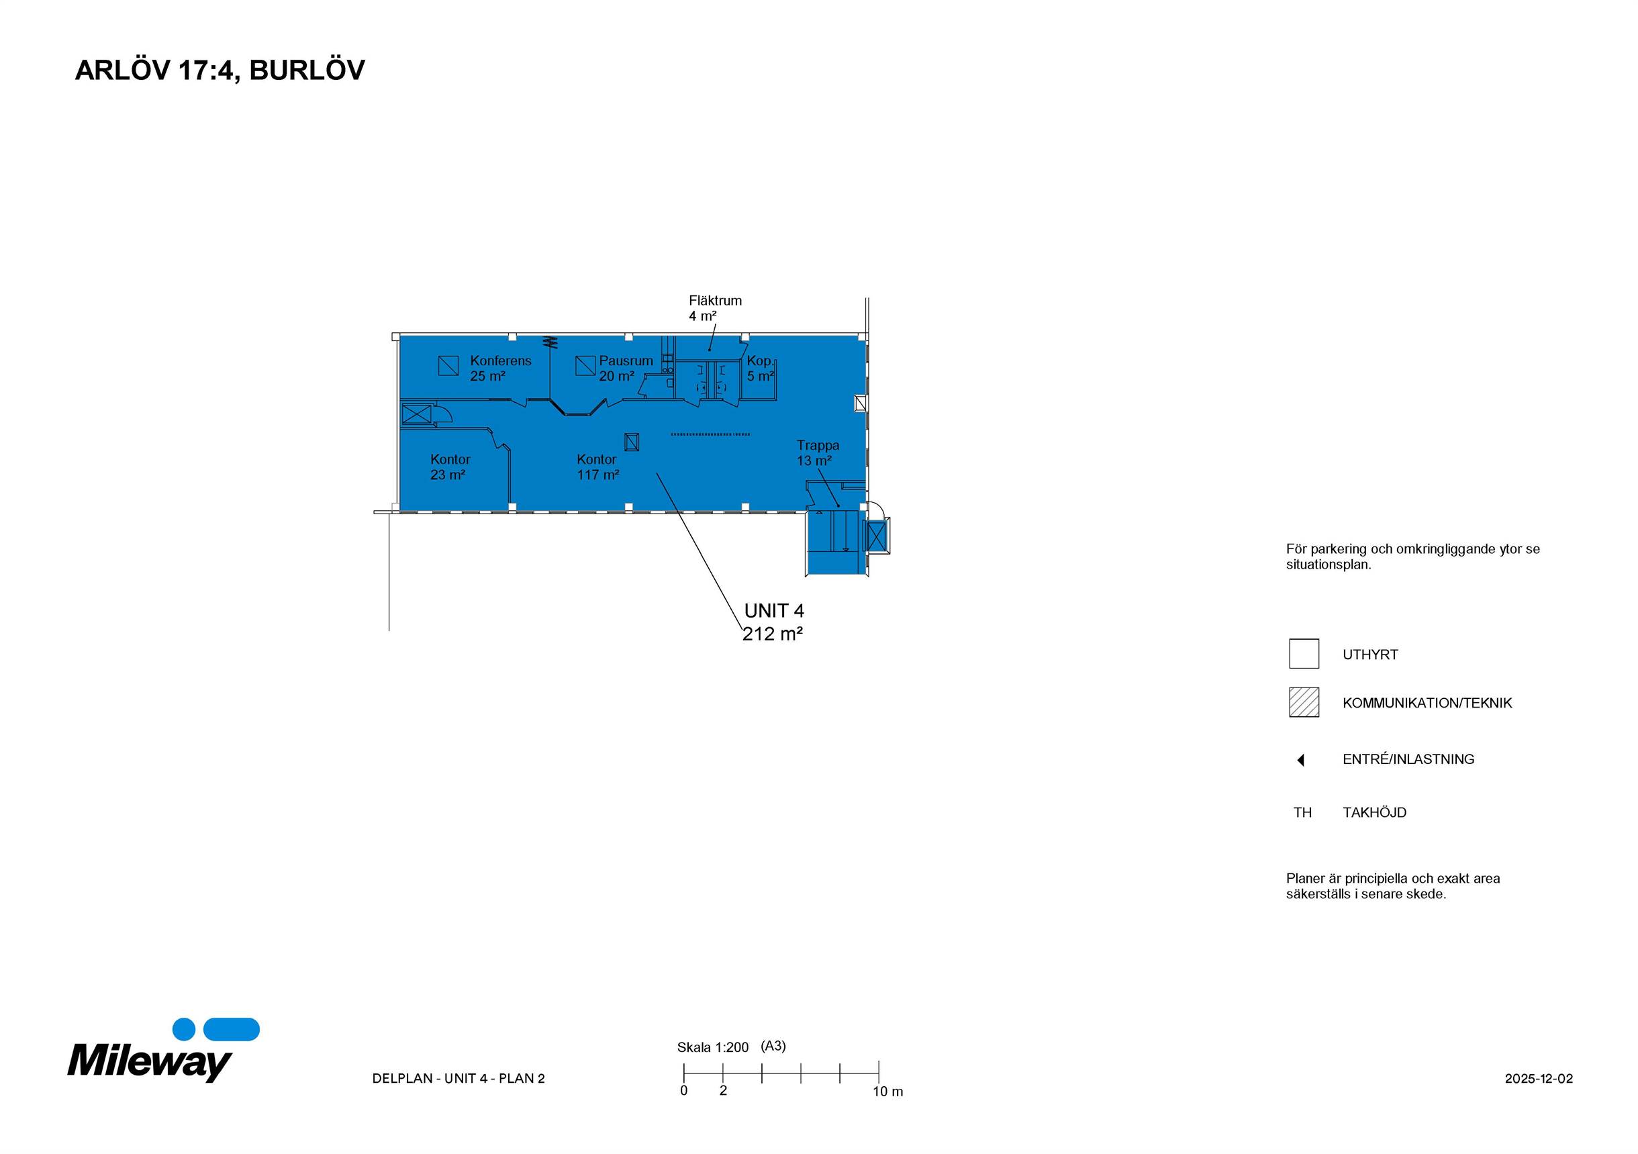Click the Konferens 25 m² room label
click(500, 368)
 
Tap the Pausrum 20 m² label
click(626, 368)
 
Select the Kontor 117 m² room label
click(598, 467)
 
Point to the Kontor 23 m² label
click(450, 467)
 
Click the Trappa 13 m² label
click(818, 453)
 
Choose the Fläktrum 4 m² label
click(715, 308)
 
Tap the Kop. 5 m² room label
click(761, 368)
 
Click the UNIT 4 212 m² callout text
click(773, 622)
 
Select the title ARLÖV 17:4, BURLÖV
click(220, 70)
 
